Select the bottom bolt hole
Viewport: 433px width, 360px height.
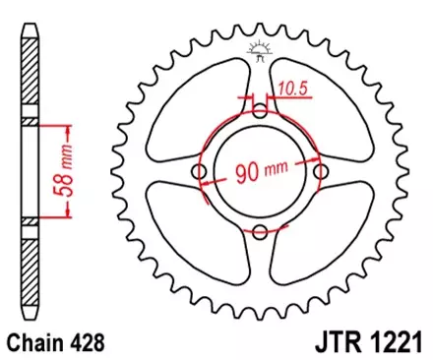click(x=260, y=233)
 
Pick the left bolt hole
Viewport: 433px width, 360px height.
click(x=200, y=173)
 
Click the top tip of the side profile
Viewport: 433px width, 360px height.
click(x=29, y=22)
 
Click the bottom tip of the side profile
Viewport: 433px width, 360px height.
click(x=29, y=323)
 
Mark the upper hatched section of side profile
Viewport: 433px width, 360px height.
click(x=29, y=74)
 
